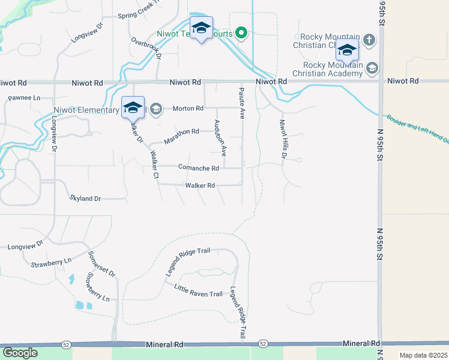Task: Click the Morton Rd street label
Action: (x=188, y=109)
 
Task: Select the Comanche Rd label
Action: (x=199, y=168)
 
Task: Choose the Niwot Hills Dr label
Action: (x=283, y=139)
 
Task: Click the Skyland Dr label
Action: (x=86, y=197)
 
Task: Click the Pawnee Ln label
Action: (x=23, y=97)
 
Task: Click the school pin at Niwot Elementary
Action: (x=133, y=107)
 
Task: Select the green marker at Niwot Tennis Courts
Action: (x=241, y=32)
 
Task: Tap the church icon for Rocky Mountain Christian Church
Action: (x=369, y=40)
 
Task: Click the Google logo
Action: (x=20, y=353)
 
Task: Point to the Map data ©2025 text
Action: (x=423, y=355)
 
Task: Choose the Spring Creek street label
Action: (x=140, y=16)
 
